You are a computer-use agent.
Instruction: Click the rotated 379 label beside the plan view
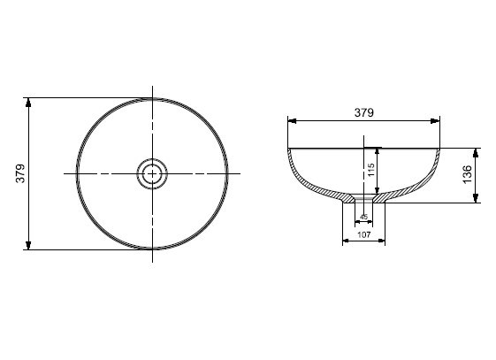[20, 173]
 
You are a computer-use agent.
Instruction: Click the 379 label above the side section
[364, 112]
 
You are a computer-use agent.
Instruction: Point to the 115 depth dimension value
[371, 168]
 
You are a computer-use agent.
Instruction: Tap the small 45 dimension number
[363, 217]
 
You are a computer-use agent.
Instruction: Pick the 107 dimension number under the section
[363, 235]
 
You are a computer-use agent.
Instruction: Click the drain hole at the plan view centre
[153, 173]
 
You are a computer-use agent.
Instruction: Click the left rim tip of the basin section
[288, 148]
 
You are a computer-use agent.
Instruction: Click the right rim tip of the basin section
[440, 148]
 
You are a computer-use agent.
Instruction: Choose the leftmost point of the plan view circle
[77, 173]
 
